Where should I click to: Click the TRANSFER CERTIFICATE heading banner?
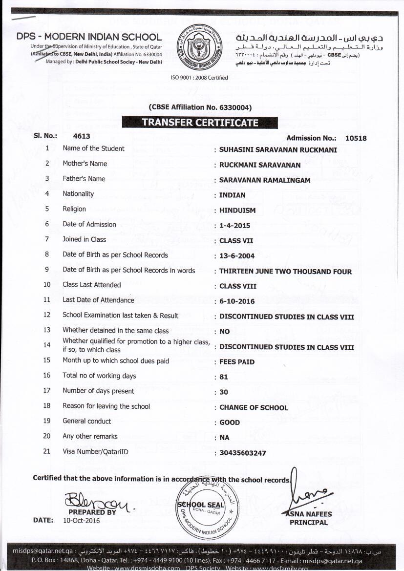coord(200,122)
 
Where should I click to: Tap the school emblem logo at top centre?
coord(199,47)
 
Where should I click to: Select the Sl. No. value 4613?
coord(81,137)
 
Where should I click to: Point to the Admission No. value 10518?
coord(356,138)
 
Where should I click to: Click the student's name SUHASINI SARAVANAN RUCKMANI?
coord(278,150)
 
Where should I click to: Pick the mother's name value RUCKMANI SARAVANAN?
coord(260,165)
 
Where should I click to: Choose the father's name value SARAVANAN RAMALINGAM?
coord(265,180)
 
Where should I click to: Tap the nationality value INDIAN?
coord(233,195)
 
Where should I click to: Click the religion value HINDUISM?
coord(237,211)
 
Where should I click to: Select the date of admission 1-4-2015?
coord(234,226)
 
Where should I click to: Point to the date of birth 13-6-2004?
coord(237,256)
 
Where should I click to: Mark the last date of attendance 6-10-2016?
coord(237,301)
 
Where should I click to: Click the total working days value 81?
coord(224,377)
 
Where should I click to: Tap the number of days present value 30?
coord(224,392)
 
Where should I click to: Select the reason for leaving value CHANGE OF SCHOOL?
coord(254,408)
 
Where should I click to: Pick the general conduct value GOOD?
coord(230,423)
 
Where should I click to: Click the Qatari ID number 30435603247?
coord(243,453)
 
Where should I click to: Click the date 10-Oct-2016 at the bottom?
coord(81,521)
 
